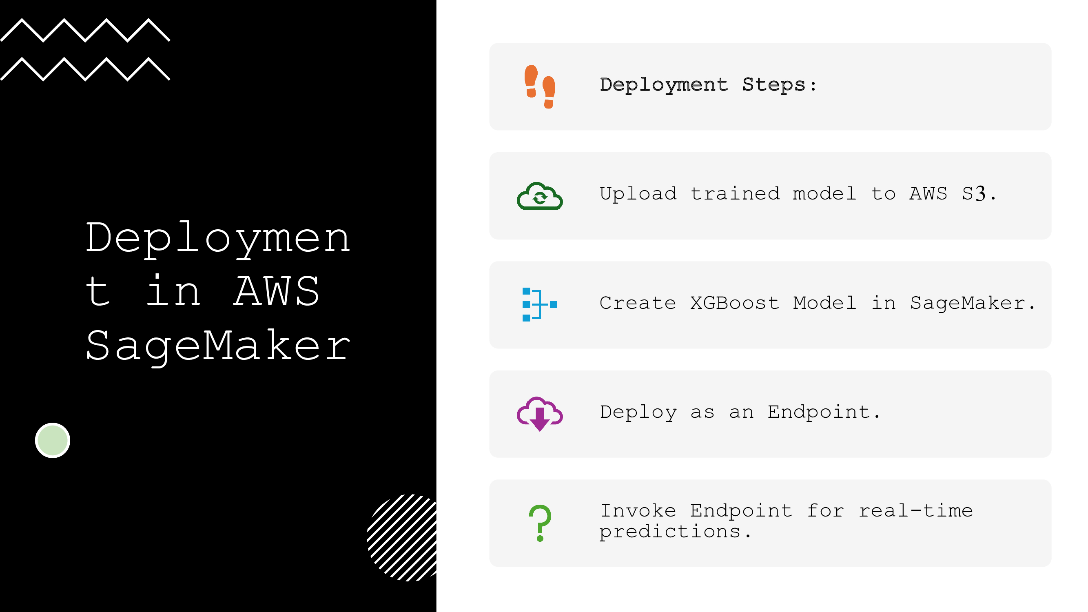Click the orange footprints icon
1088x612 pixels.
(540, 86)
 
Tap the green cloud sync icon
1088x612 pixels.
(540, 196)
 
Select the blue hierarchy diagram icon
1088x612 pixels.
(539, 304)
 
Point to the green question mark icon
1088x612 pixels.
(540, 523)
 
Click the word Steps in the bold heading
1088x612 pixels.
(774, 85)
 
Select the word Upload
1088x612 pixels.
(638, 194)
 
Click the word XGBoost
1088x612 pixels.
(734, 303)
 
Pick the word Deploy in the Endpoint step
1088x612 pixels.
(638, 412)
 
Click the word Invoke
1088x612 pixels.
(638, 511)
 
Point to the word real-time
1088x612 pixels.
(916, 511)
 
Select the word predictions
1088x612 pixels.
(670, 532)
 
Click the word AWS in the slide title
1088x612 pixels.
(277, 291)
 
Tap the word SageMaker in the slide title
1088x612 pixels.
(218, 346)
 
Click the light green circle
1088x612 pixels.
(52, 440)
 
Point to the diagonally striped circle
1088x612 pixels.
(403, 538)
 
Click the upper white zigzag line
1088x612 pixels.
(85, 31)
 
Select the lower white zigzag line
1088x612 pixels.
(85, 69)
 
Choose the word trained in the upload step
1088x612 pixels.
(734, 194)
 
